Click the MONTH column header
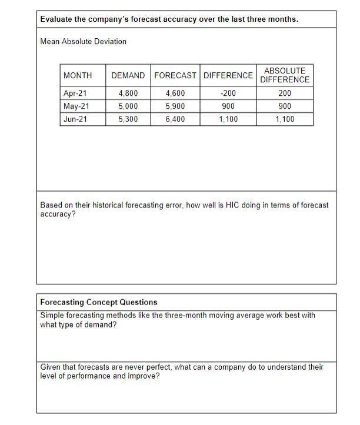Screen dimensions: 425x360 point(78,75)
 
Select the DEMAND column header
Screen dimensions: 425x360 point(128,75)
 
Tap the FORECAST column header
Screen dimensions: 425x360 point(175,75)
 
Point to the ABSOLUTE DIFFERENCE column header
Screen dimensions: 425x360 point(285,75)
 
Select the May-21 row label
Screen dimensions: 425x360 point(76,106)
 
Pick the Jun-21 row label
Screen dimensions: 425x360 point(75,119)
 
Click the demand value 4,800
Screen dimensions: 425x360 point(128,93)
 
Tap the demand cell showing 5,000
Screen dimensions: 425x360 point(128,106)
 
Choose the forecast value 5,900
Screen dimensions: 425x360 point(175,106)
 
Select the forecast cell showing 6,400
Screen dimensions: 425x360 point(175,119)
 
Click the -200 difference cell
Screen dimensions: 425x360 point(228,93)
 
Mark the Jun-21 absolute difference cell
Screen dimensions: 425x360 point(285,119)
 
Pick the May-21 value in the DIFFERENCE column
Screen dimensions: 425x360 point(228,106)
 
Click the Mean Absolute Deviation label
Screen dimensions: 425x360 point(83,41)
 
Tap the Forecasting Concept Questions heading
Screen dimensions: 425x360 point(99,302)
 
